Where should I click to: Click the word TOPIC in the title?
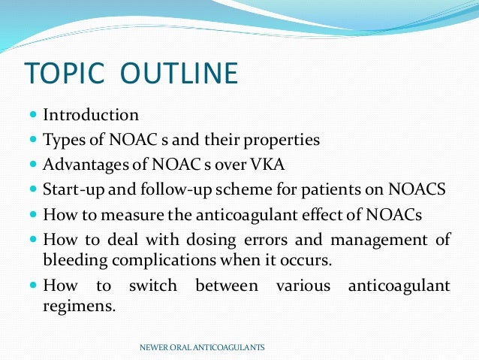62,73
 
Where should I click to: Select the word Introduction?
91,115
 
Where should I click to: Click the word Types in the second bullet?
63,140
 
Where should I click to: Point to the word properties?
282,140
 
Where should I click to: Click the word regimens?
80,306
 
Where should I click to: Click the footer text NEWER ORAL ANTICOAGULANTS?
203,348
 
